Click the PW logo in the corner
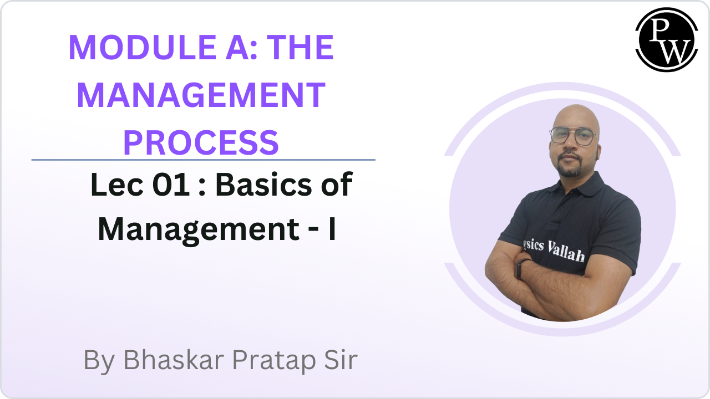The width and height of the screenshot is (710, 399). pyautogui.click(x=666, y=39)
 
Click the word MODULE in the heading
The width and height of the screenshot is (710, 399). pyautogui.click(x=143, y=48)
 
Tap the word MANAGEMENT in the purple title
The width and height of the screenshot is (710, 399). pyautogui.click(x=201, y=95)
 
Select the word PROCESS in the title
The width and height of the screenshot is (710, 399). pyautogui.click(x=201, y=142)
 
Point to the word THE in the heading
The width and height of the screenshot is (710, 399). pyautogui.click(x=301, y=48)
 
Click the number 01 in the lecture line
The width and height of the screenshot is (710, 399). pyautogui.click(x=171, y=185)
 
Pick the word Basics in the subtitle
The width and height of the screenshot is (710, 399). pyautogui.click(x=263, y=185)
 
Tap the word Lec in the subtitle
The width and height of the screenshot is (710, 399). pyautogui.click(x=116, y=185)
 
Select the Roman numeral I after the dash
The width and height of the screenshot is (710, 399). pyautogui.click(x=332, y=229)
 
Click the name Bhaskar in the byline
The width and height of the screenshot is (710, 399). pyautogui.click(x=174, y=360)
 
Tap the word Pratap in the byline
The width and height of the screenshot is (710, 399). pyautogui.click(x=274, y=361)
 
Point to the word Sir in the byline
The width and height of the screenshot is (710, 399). pyautogui.click(x=341, y=360)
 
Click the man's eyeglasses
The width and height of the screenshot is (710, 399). pyautogui.click(x=572, y=136)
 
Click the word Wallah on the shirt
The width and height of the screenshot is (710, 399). pyautogui.click(x=566, y=252)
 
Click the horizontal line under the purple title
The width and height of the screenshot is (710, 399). pyautogui.click(x=203, y=160)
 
